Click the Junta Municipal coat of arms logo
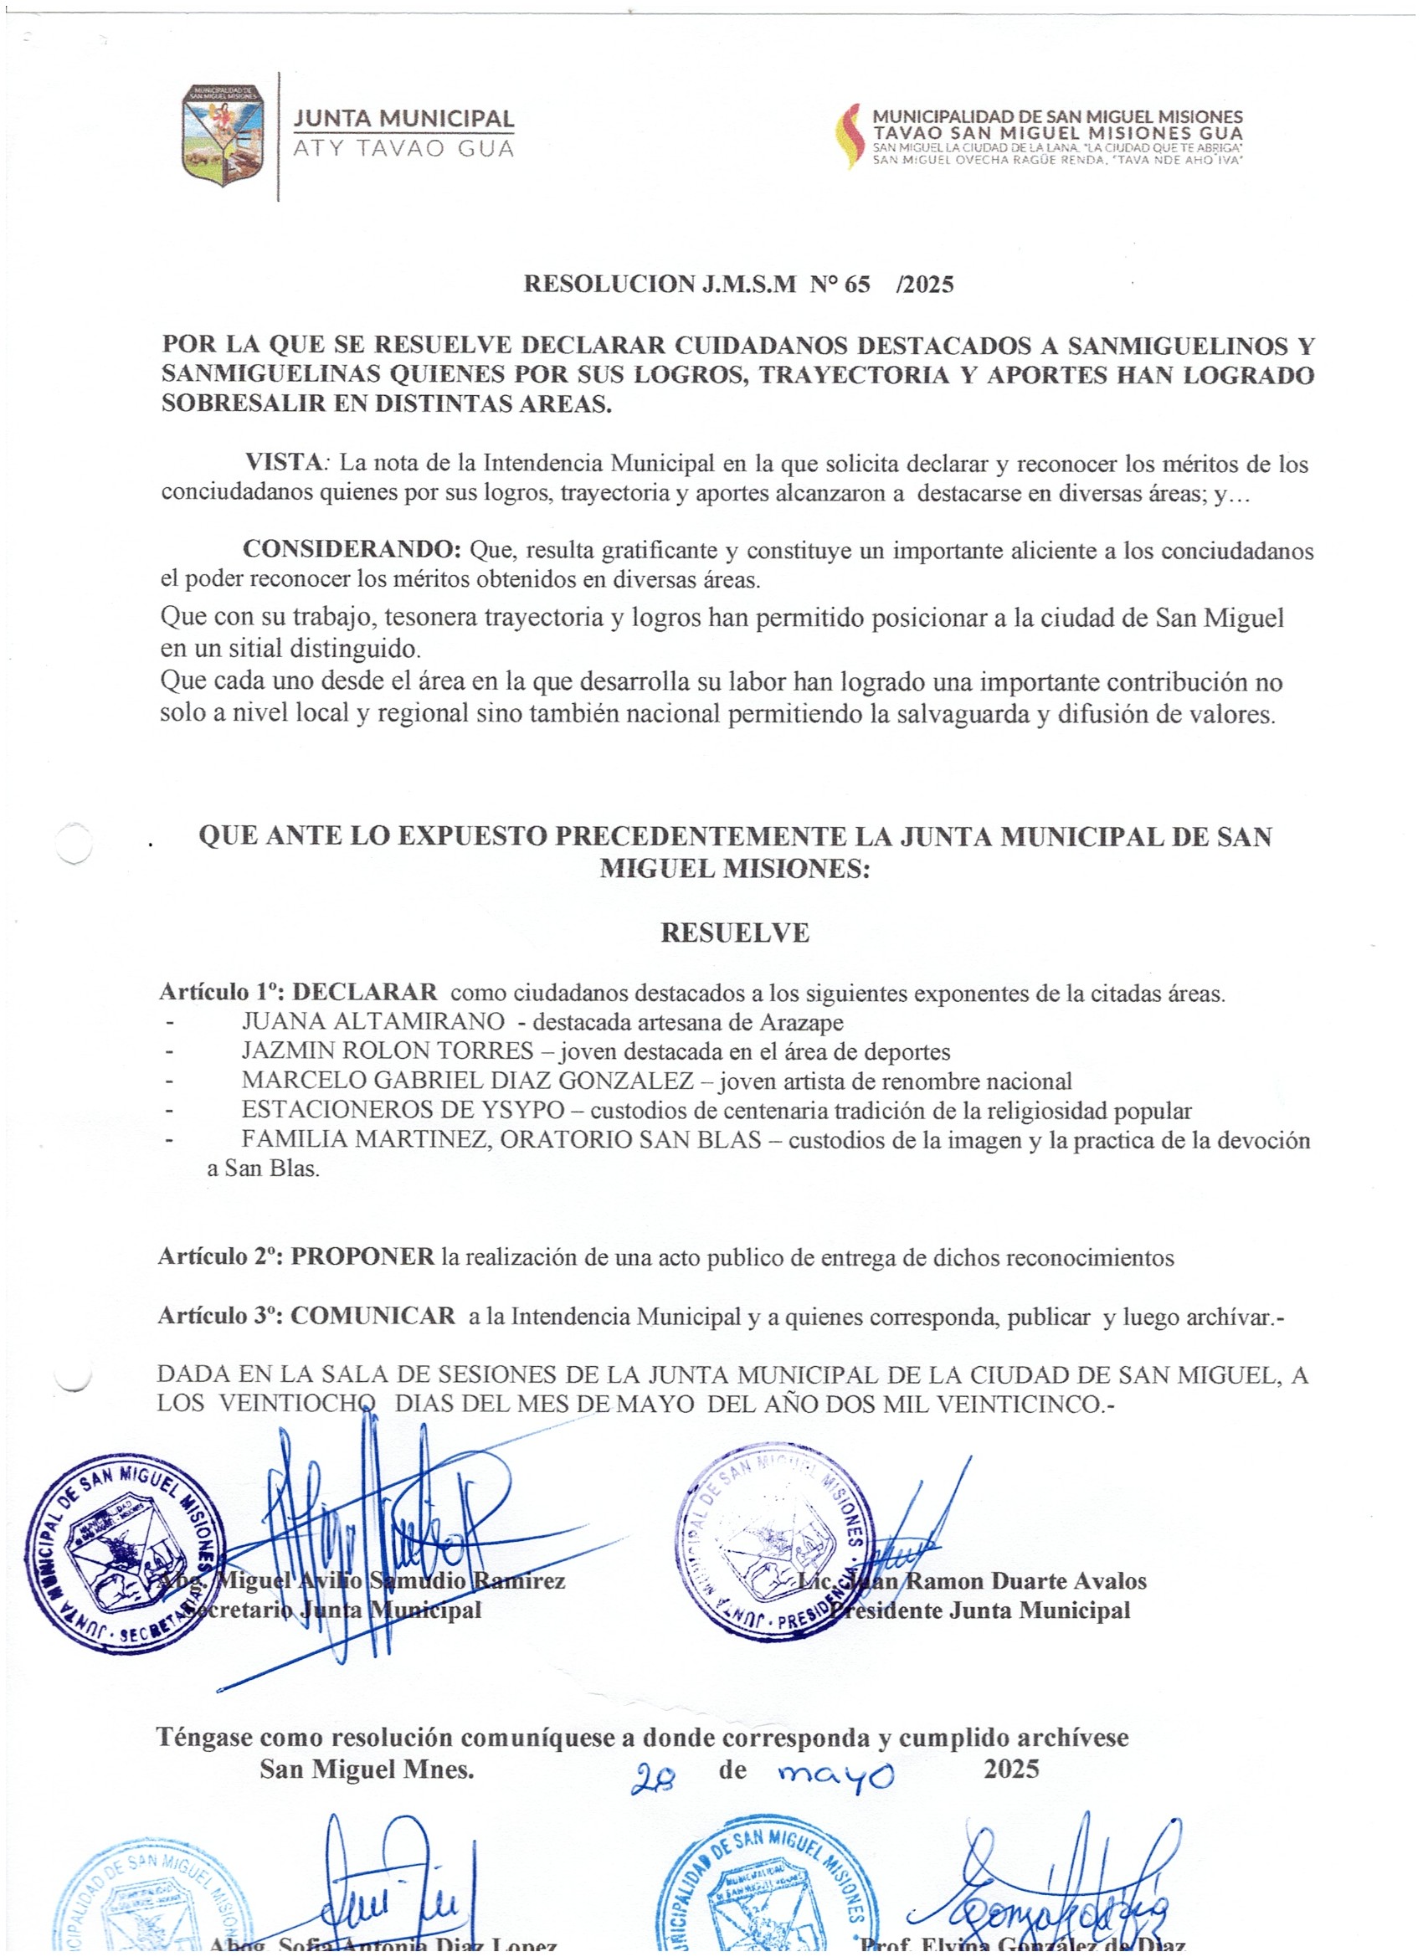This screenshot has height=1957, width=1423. click(223, 136)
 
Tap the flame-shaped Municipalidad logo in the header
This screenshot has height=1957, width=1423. click(850, 136)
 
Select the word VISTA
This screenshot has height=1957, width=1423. click(283, 463)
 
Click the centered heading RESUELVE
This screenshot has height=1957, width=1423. click(734, 932)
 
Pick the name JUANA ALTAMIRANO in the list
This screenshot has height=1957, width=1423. click(372, 1022)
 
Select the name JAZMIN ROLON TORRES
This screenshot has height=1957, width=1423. click(388, 1051)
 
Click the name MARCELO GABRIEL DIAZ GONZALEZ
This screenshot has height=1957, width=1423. click(467, 1081)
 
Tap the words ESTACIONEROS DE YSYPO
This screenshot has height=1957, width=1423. click(403, 1110)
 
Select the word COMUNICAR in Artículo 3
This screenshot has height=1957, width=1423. click(372, 1316)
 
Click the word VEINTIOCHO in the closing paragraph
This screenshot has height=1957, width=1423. click(297, 1404)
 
